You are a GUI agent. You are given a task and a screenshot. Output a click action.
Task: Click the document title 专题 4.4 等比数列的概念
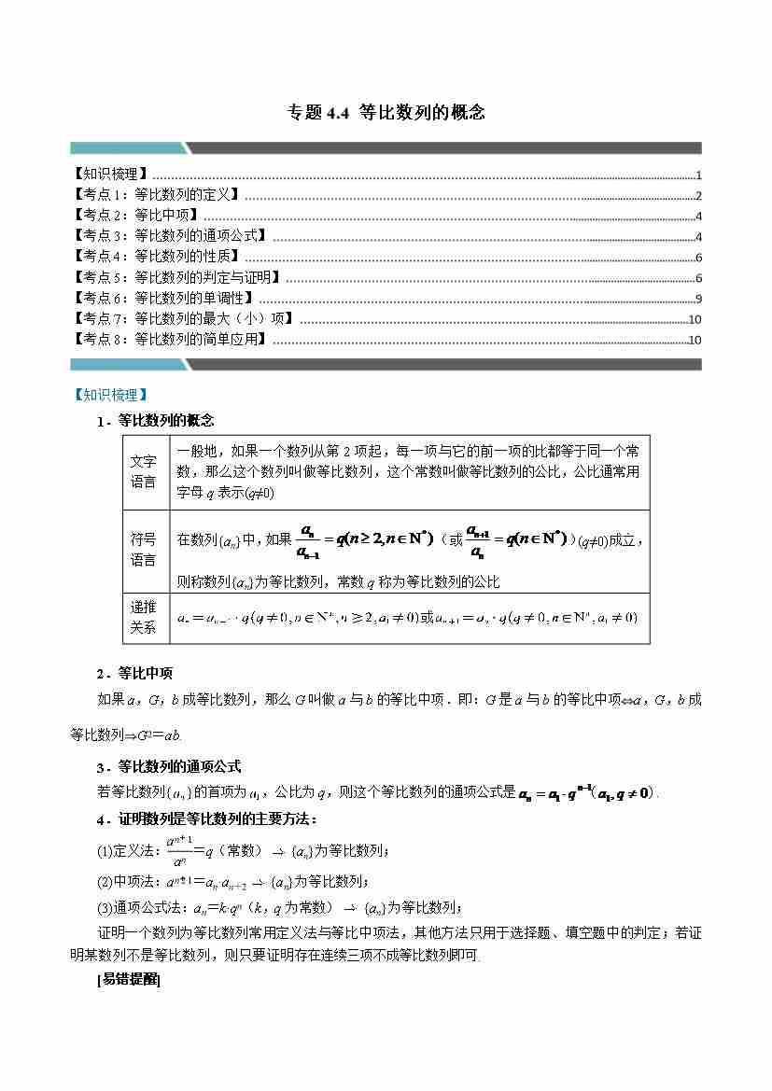point(386,113)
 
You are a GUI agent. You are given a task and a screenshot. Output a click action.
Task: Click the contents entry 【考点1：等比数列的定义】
point(155,195)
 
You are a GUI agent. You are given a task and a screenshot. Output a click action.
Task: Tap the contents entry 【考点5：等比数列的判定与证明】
point(176,277)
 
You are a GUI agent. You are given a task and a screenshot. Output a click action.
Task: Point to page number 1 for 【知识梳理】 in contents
point(698,175)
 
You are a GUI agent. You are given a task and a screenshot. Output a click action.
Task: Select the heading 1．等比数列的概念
point(155,421)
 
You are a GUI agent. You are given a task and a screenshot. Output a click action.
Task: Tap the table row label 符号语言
point(144,550)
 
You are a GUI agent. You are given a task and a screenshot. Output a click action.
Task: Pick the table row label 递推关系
point(144,617)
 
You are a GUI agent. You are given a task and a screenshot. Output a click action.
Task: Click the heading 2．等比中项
point(134,673)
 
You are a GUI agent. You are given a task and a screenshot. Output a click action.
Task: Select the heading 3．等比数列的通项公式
point(168,766)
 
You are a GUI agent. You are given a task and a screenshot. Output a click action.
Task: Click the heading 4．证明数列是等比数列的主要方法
point(206,819)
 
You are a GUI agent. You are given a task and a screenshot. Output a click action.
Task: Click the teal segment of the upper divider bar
point(126,147)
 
